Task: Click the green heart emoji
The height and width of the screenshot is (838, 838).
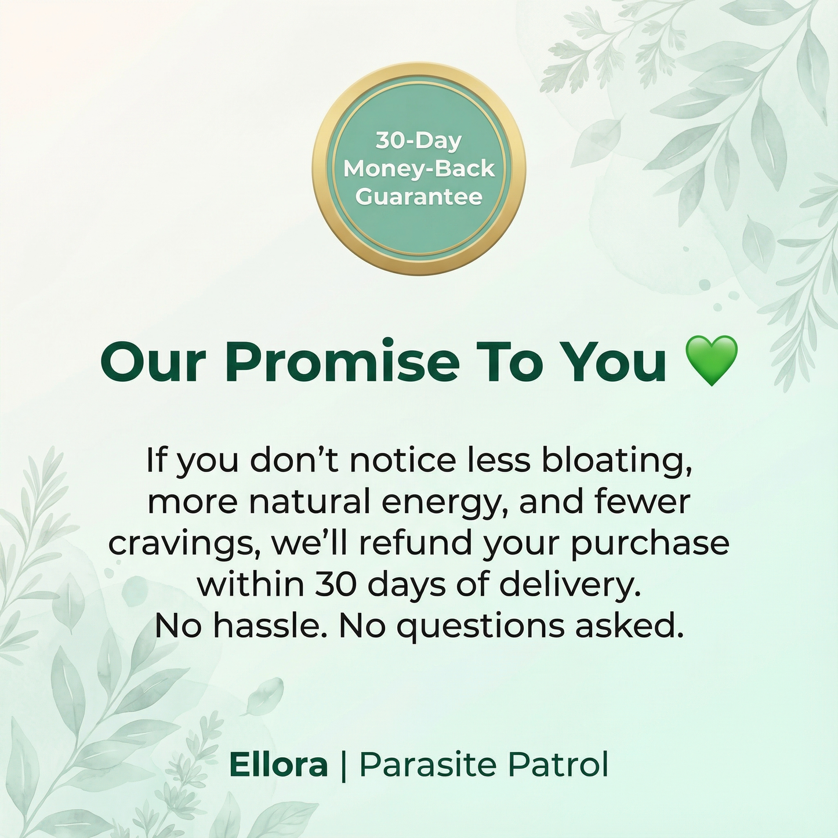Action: [x=712, y=361]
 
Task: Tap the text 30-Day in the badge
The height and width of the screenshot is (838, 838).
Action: [x=419, y=141]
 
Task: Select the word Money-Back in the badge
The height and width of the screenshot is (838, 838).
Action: [x=419, y=169]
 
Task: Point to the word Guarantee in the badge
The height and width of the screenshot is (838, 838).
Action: [x=419, y=197]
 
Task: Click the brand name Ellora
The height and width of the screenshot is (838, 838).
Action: [x=278, y=765]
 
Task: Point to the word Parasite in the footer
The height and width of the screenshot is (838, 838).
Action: [x=429, y=765]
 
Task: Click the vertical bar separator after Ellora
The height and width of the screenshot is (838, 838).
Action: [x=343, y=766]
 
